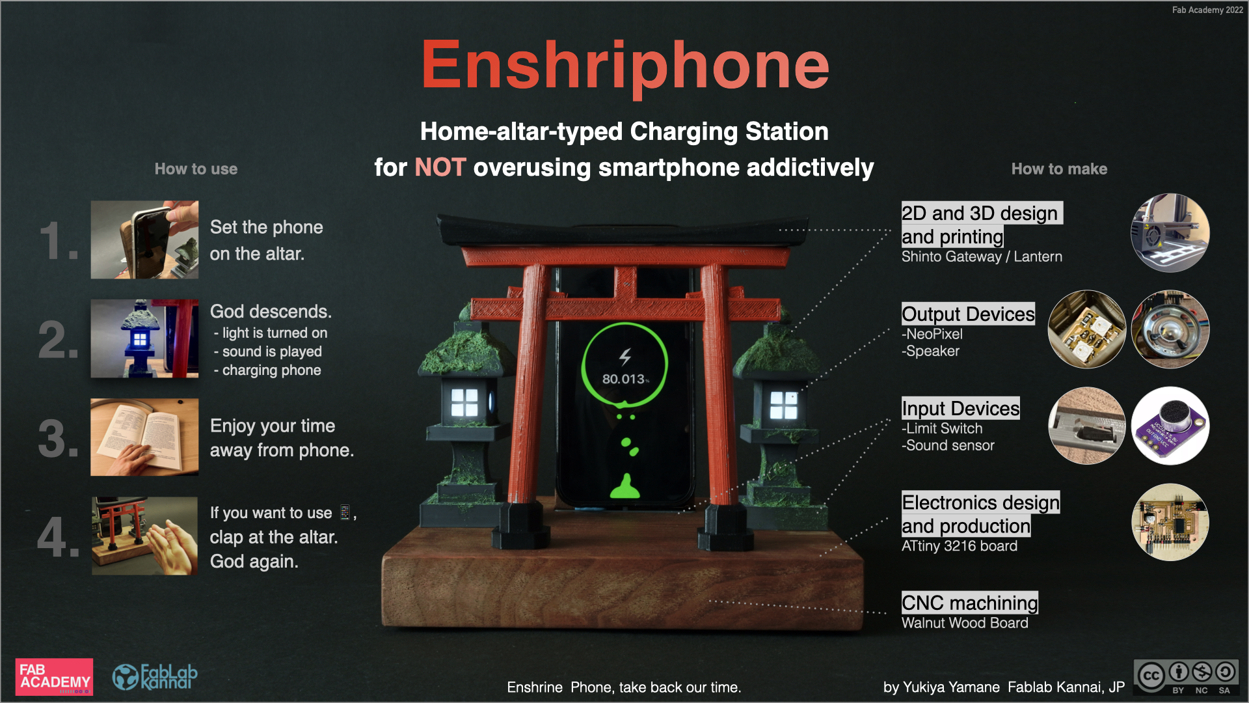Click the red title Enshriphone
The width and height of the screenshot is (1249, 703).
[x=625, y=66]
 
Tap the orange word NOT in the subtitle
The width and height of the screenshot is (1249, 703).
[x=440, y=167]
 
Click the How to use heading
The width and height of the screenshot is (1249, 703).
[x=196, y=169]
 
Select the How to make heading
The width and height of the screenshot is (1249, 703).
[x=1059, y=169]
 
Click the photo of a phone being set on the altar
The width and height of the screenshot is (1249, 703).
[x=144, y=240]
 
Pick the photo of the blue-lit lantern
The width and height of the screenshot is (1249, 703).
[x=144, y=338]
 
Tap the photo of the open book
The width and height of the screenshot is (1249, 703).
[x=144, y=437]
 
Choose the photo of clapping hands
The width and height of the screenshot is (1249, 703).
[x=144, y=536]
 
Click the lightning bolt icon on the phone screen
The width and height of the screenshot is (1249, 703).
[x=625, y=356]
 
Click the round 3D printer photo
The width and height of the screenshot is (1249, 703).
[x=1170, y=232]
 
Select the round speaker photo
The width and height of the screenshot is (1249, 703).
[x=1170, y=329]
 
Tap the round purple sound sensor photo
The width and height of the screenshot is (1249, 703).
[x=1170, y=426]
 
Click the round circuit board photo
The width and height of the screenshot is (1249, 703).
[x=1170, y=522]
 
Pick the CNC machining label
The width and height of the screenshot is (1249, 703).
[x=970, y=603]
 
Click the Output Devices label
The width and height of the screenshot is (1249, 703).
[x=968, y=314]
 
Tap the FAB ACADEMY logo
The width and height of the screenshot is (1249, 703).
[x=55, y=677]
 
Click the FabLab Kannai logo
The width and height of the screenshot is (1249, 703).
[x=155, y=677]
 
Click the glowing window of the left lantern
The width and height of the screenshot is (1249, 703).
[x=464, y=402]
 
